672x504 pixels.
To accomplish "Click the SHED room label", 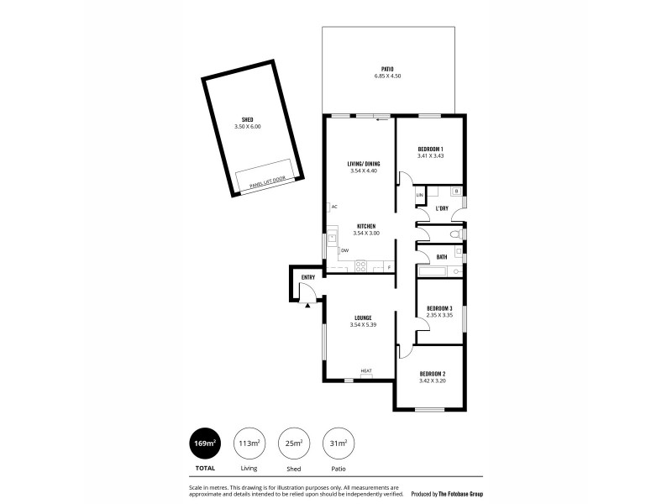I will pos(247,119).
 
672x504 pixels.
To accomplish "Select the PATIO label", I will pos(387,70).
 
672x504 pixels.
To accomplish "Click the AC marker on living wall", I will pos(334,207).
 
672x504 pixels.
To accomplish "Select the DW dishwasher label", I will pos(344,250).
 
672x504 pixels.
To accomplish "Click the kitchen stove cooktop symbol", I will pos(360,267).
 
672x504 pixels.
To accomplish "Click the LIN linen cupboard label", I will pos(420,197).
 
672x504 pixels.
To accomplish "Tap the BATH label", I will pos(441,257).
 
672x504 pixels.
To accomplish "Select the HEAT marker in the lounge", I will pos(366,371).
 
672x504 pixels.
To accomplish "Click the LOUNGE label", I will pos(362,318).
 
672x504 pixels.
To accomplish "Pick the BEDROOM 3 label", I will pos(439,308).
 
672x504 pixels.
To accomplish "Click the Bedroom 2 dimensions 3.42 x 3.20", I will pos(431,381).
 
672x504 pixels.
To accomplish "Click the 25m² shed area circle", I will pos(293,443).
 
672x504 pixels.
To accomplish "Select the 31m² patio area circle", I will pos(338,443).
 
